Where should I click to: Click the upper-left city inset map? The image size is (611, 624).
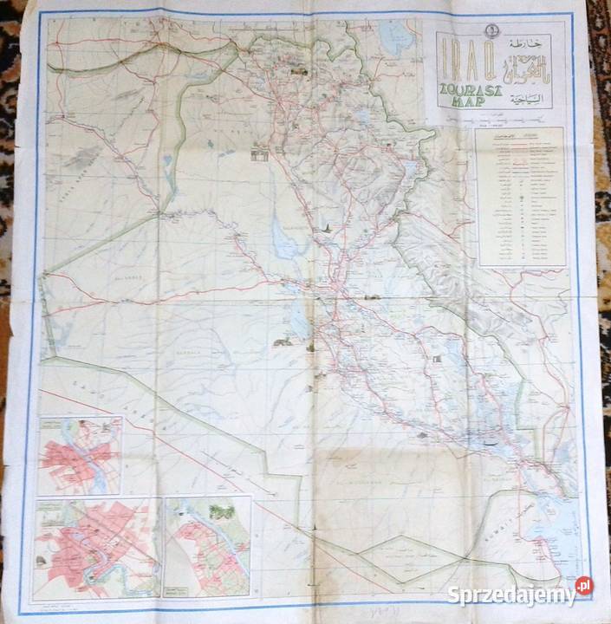coord(80,455)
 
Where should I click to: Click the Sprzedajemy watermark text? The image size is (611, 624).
coord(511,595)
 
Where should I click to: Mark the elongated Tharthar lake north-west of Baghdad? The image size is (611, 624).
coord(282,234)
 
